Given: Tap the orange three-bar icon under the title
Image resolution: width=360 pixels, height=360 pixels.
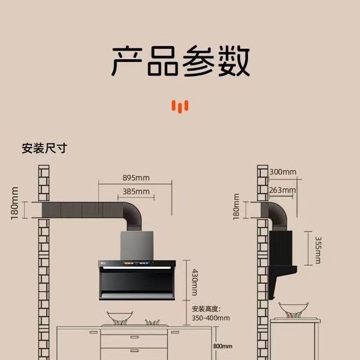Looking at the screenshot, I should coord(181,106).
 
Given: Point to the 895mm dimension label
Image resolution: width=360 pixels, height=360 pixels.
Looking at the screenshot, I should coord(135,177).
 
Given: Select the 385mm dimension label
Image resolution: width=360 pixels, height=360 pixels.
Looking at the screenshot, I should coord(136,191).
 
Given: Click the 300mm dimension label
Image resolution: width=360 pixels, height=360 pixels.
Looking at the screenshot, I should coord(283,172).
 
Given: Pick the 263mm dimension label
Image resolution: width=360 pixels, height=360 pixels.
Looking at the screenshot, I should coord(283,190).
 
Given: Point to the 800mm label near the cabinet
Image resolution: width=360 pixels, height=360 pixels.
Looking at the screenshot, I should coord(222,346).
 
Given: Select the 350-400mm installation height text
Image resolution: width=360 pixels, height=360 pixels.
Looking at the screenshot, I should coord(211,318).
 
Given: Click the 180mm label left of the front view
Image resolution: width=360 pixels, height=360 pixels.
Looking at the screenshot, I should coord(15,203).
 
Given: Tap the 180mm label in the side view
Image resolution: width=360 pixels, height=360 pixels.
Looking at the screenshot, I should coord(236,206).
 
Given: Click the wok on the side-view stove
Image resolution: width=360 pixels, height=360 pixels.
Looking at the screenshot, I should coord(290,309).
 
